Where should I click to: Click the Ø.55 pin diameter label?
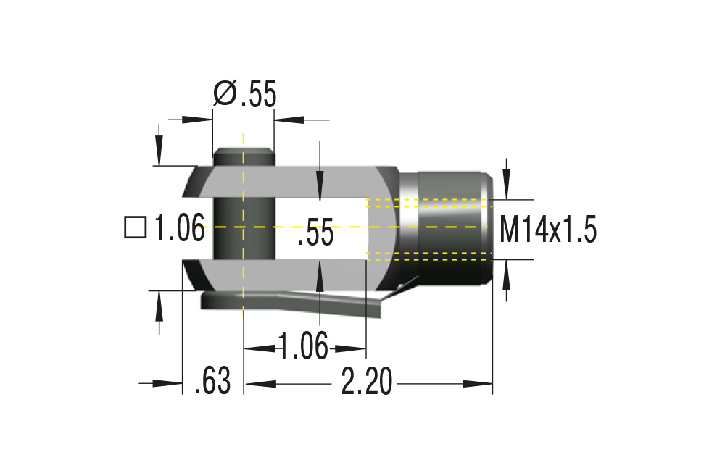point(245,94)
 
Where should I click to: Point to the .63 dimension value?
point(212,382)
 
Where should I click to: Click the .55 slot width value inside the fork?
point(315,233)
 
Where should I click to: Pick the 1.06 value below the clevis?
point(304,346)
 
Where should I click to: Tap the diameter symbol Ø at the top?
point(225,94)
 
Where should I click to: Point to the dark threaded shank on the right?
point(453,228)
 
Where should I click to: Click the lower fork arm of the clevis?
point(304,275)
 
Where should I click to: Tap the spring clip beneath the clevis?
point(304,303)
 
